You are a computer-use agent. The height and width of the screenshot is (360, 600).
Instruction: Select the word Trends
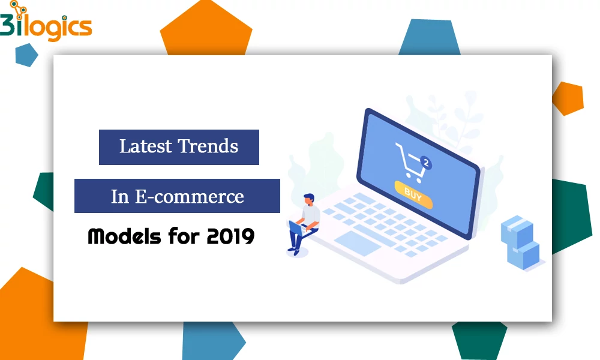click(x=208, y=146)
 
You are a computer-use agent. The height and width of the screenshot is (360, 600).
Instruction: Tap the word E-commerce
click(x=190, y=197)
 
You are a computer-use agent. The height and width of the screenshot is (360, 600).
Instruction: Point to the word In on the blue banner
click(x=120, y=197)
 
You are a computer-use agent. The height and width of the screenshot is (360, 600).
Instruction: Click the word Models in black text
click(x=124, y=236)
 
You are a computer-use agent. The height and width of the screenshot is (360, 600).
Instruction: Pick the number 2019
click(x=231, y=236)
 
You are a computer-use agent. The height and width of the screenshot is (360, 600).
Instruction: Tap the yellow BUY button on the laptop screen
click(x=413, y=195)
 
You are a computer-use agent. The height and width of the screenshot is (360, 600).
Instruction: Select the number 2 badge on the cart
click(x=426, y=163)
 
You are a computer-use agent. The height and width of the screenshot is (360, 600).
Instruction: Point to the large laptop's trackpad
click(x=358, y=244)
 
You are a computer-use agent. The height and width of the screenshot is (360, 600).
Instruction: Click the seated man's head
click(x=309, y=199)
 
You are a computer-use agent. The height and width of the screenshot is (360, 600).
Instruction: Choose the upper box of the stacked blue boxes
click(x=517, y=231)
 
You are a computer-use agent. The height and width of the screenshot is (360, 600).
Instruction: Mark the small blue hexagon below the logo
click(x=26, y=55)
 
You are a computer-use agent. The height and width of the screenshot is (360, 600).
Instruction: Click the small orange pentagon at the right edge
click(x=568, y=98)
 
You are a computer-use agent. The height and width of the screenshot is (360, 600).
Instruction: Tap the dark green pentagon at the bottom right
click(x=479, y=340)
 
